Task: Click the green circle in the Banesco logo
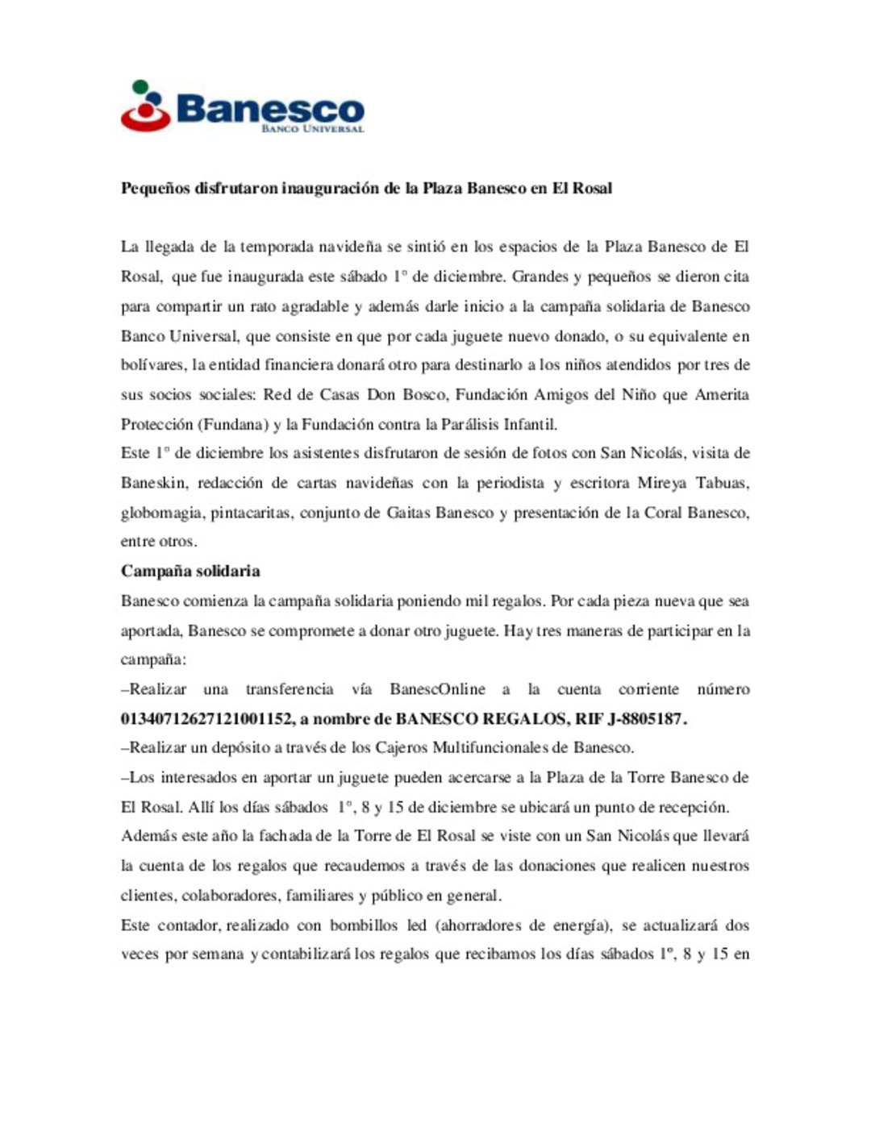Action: pyautogui.click(x=140, y=87)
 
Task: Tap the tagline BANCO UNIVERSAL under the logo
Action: pyautogui.click(x=312, y=129)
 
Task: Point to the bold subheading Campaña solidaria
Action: pyautogui.click(x=190, y=572)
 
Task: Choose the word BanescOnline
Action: pyautogui.click(x=437, y=689)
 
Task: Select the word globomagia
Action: pyautogui.click(x=161, y=513)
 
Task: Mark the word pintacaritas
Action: pyautogui.click(x=251, y=513)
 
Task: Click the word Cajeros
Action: pyautogui.click(x=401, y=747)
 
